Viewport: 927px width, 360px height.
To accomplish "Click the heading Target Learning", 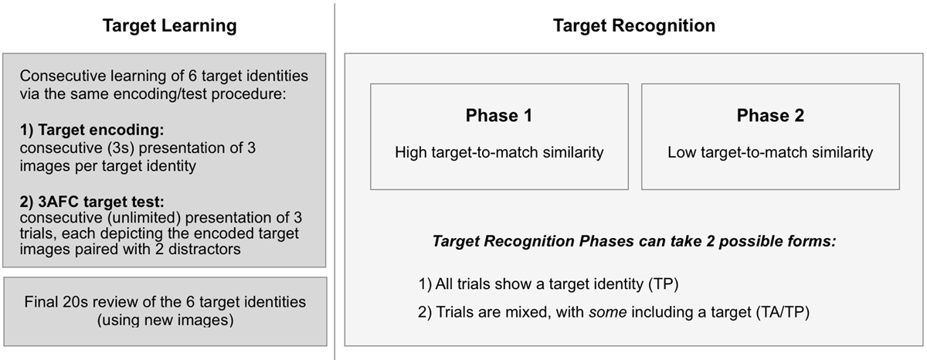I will (x=170, y=25).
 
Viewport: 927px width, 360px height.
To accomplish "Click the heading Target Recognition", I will (x=633, y=25).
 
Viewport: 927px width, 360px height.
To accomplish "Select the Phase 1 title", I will (x=499, y=116).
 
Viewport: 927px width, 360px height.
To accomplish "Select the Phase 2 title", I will (x=769, y=116).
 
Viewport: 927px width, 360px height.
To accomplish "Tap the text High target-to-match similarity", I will (x=499, y=152).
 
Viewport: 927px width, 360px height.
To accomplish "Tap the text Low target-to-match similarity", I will (x=769, y=152).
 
